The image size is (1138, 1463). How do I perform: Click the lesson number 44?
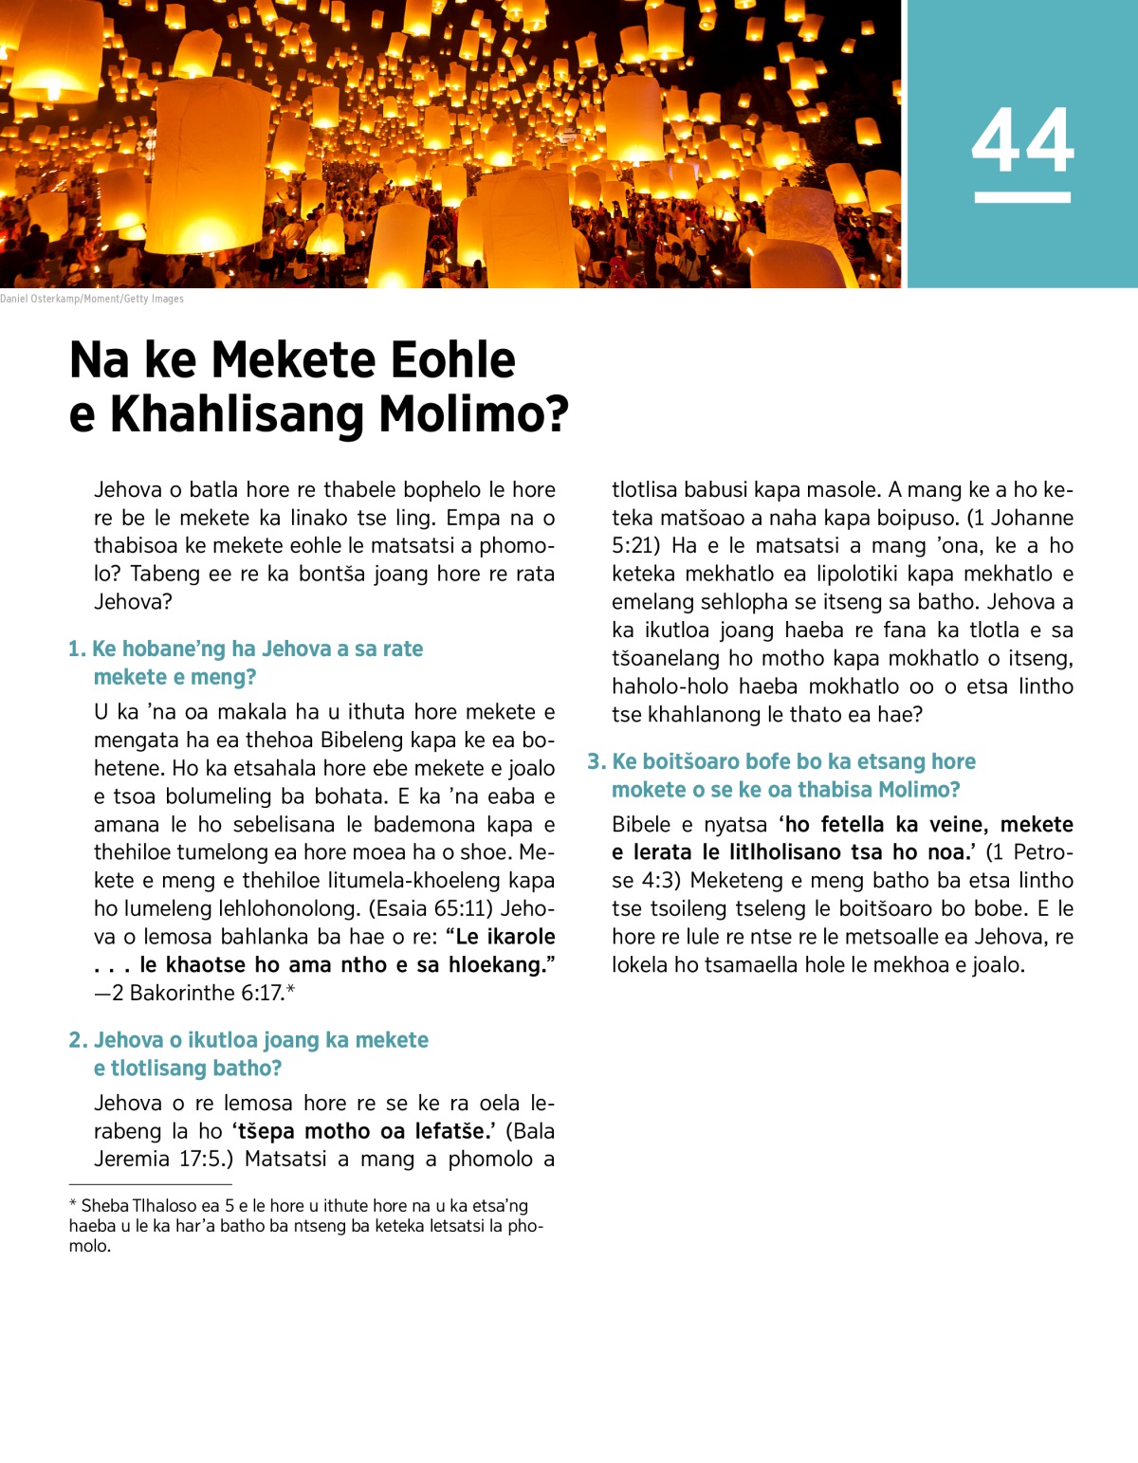pyautogui.click(x=1022, y=140)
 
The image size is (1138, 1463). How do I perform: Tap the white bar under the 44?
pyautogui.click(x=1022, y=197)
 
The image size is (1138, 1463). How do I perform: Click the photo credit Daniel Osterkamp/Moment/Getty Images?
pyautogui.click(x=92, y=299)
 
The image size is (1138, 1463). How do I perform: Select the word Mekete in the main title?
pyautogui.click(x=293, y=360)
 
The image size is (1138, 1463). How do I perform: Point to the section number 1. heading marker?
pyautogui.click(x=77, y=649)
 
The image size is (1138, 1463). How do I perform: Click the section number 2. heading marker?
pyautogui.click(x=78, y=1040)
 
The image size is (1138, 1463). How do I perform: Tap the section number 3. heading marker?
pyautogui.click(x=597, y=762)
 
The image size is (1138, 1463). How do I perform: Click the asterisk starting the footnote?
pyautogui.click(x=73, y=1204)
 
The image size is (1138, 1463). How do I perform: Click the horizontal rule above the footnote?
pyautogui.click(x=150, y=1184)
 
